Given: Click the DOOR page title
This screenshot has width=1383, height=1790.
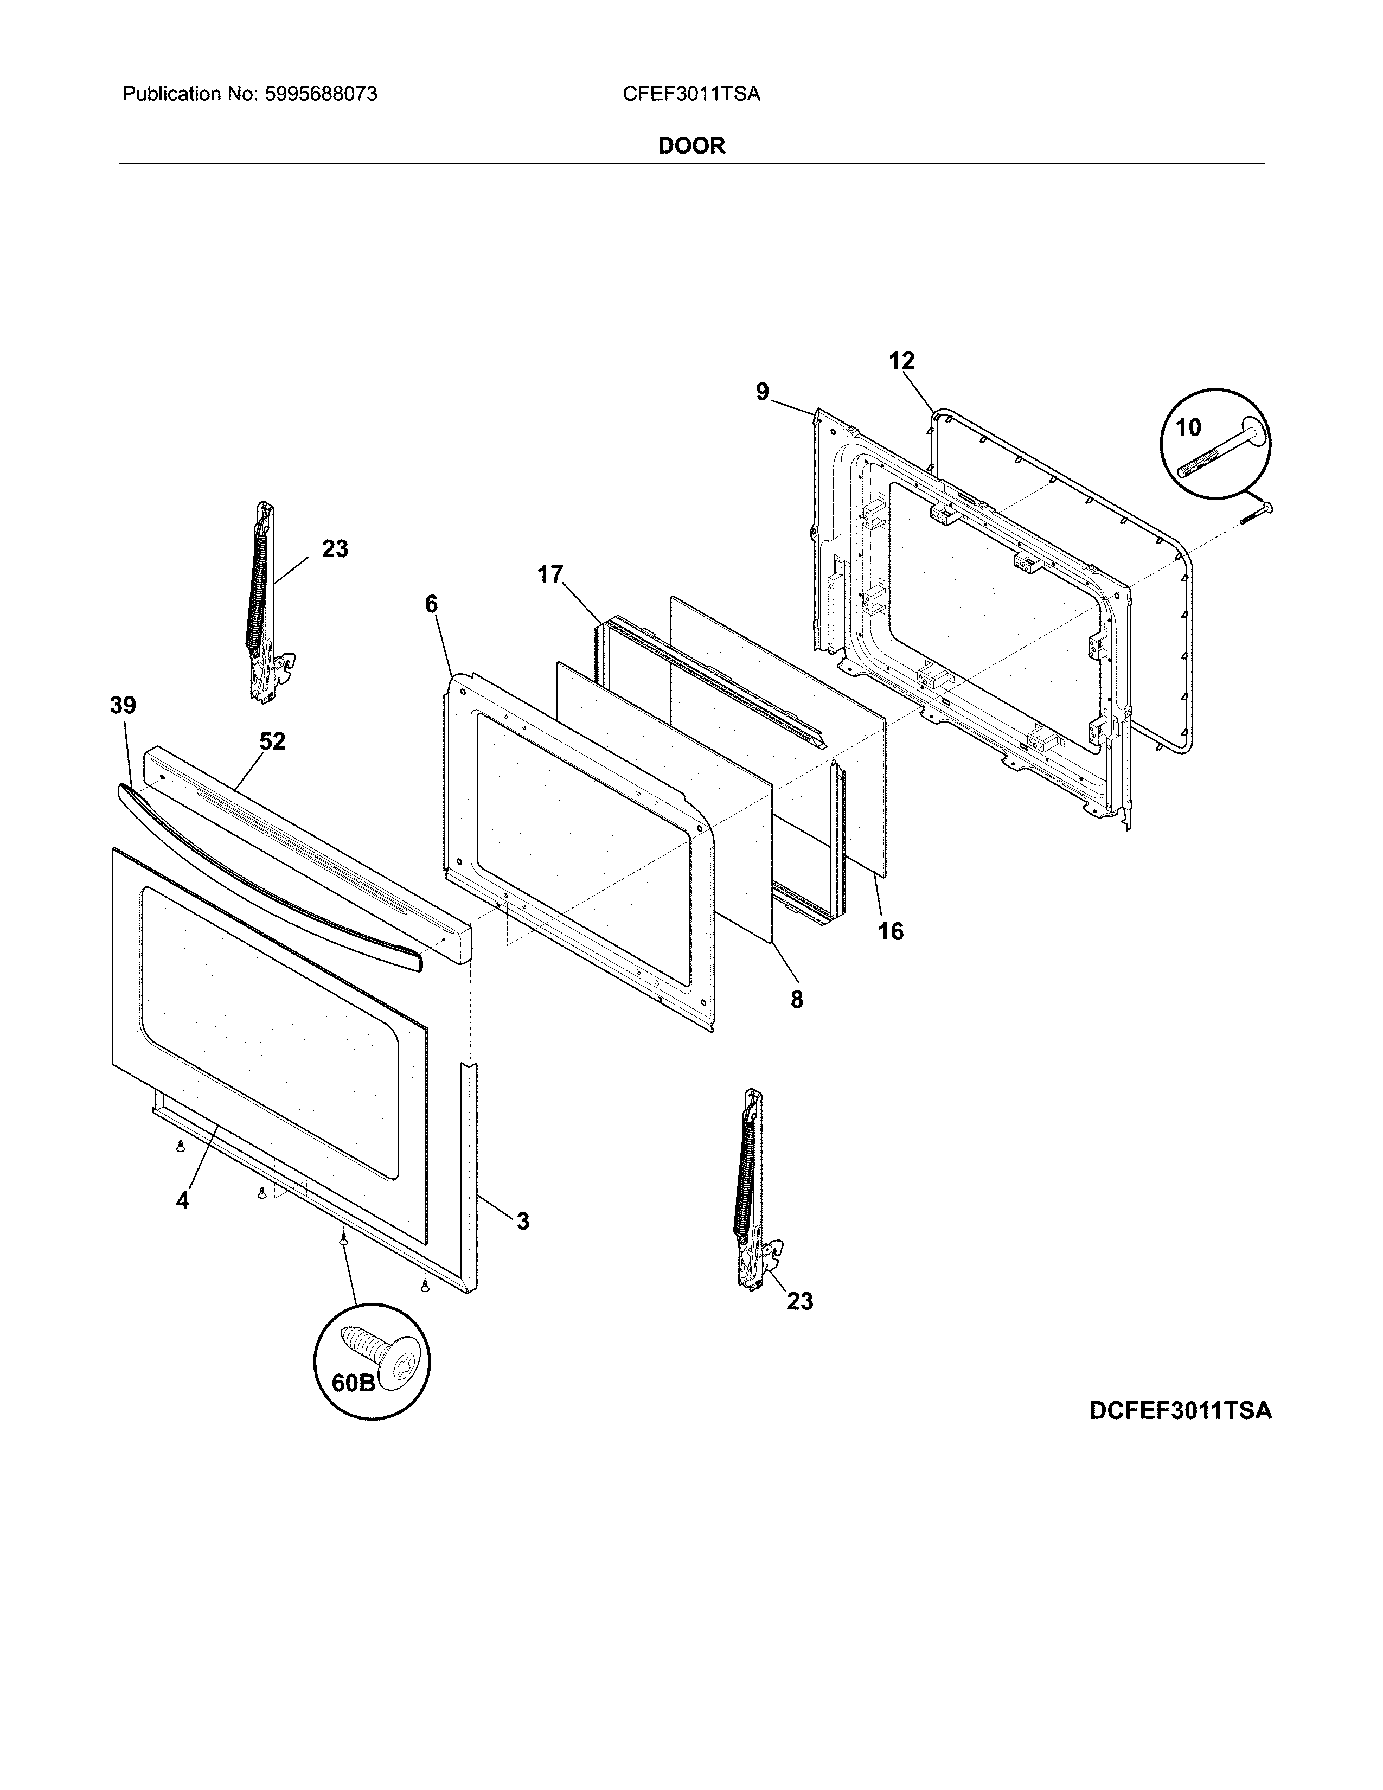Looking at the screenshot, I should (x=691, y=146).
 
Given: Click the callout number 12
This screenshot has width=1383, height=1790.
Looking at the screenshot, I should (x=901, y=361).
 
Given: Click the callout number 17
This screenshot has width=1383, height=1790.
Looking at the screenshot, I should (x=550, y=574).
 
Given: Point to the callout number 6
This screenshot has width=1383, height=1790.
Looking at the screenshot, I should (x=431, y=604).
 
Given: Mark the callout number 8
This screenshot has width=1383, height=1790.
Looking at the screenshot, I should (x=796, y=999).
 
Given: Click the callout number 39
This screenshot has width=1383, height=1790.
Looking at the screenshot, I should (x=123, y=705).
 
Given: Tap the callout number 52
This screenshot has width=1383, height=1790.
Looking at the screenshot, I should (x=272, y=741).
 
